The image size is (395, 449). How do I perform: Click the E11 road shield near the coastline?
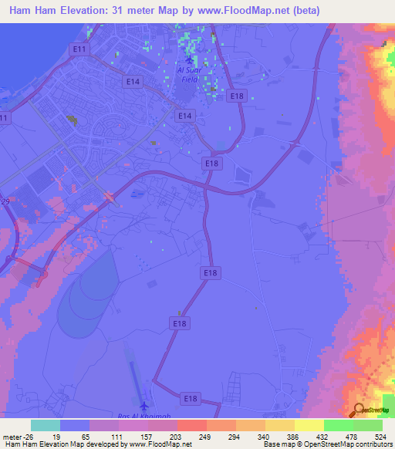78,49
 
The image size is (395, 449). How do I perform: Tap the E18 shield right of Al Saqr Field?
238,95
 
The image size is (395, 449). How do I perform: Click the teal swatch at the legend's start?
45,425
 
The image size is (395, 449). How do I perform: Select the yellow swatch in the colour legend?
309,425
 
